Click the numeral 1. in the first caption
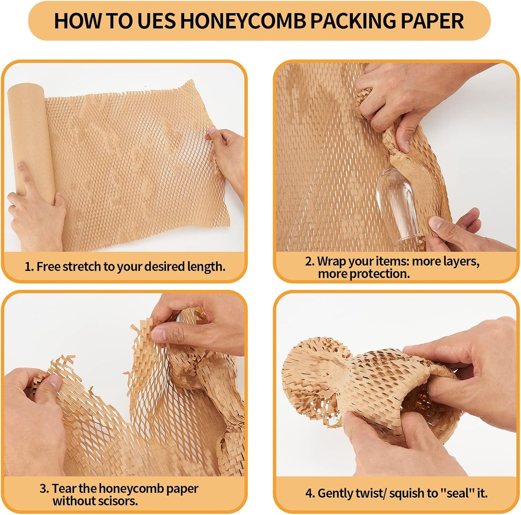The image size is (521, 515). pos(29,267)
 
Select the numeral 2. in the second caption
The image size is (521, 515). pos(310,261)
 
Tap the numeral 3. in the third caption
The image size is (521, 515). pos(44,489)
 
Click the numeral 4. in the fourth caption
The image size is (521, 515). pos(310,493)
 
